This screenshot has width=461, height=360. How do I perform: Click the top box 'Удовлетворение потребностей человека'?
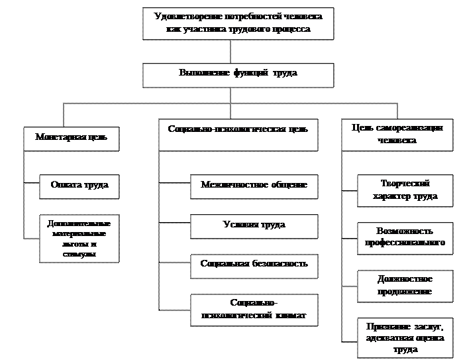pyautogui.click(x=238, y=23)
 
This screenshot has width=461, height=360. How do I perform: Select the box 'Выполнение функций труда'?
pyautogui.click(x=238, y=74)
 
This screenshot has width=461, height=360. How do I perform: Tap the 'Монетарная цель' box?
pyautogui.click(x=72, y=138)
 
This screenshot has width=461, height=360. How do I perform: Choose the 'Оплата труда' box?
pyautogui.click(x=79, y=186)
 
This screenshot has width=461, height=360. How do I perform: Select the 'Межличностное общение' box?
pyautogui.click(x=254, y=186)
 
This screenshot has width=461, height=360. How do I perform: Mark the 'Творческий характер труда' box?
pyautogui.click(x=405, y=190)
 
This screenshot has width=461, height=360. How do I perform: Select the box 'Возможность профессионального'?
pyautogui.click(x=405, y=237)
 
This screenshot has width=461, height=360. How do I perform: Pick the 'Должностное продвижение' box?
pyautogui.click(x=405, y=285)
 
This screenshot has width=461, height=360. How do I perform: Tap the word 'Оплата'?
pyautogui.click(x=64, y=186)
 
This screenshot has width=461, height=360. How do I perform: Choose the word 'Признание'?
pyautogui.click(x=384, y=326)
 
